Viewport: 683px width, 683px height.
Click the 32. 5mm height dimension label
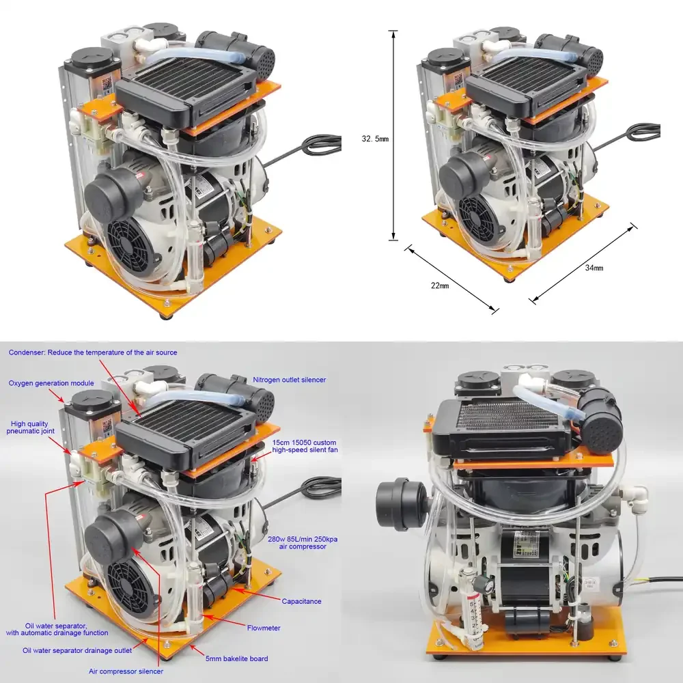[374, 139]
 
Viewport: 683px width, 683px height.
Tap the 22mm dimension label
[439, 285]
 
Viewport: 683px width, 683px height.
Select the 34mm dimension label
[594, 268]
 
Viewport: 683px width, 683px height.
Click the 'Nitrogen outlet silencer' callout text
[289, 380]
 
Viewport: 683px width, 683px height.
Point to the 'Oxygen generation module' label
[51, 383]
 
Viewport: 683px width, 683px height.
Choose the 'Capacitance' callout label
[301, 601]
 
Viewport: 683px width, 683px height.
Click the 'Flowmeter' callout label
[264, 628]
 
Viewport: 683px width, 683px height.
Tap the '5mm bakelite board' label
[236, 658]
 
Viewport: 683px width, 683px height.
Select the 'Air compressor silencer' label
[126, 671]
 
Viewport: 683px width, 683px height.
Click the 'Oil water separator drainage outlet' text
[77, 650]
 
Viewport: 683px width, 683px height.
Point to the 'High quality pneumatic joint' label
[30, 428]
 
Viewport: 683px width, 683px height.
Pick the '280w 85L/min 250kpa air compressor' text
[303, 543]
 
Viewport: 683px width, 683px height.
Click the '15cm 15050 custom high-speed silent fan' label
[305, 446]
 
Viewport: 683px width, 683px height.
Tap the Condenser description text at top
[93, 352]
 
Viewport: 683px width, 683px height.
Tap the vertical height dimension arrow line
[393, 135]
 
